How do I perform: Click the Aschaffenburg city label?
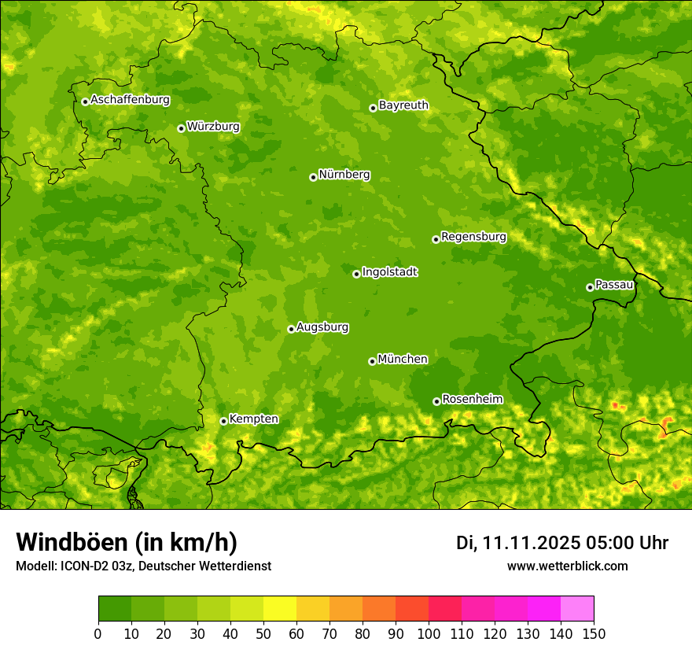click(130, 100)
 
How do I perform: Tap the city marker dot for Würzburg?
click(181, 128)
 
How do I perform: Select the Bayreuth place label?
click(403, 105)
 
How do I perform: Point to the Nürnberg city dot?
click(313, 177)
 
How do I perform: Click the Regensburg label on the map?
click(473, 237)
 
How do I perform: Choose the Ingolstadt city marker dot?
click(356, 274)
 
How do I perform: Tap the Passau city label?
click(614, 285)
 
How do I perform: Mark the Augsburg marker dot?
click(291, 329)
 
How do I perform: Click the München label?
click(403, 360)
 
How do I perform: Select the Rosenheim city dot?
click(436, 401)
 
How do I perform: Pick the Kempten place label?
click(253, 419)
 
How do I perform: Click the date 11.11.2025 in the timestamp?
click(532, 543)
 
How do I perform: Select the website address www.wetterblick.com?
click(567, 566)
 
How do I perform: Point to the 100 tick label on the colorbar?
click(429, 633)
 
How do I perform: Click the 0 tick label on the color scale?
click(98, 633)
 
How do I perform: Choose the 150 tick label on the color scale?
click(594, 633)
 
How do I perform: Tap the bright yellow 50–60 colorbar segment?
click(280, 609)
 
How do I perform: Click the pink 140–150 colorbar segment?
click(577, 609)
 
